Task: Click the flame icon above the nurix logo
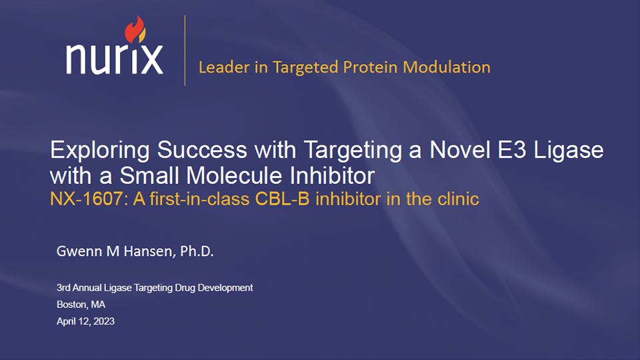coord(135,29)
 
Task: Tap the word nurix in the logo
coord(115,59)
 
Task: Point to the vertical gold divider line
coord(185,50)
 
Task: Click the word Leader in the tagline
coord(224,67)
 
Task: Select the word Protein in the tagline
coord(370,67)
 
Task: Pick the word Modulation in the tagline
coord(447,67)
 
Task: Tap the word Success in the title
coord(202,150)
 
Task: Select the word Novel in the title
coord(459,150)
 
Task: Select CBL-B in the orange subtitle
coord(282,199)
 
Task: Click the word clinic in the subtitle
coord(458,199)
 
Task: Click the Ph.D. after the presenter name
coord(197,251)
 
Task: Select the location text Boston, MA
coord(81,305)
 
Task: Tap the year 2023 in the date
coord(104,321)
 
